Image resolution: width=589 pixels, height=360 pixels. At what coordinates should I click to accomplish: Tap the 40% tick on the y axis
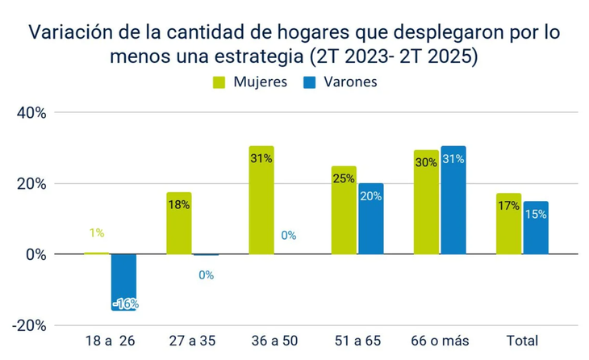31,112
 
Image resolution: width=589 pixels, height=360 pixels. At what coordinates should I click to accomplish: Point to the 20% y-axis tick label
31,183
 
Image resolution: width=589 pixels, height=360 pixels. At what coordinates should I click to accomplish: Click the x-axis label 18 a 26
111,341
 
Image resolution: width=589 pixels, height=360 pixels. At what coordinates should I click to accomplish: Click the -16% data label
125,303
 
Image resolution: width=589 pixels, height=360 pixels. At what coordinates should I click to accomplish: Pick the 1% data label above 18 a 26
97,233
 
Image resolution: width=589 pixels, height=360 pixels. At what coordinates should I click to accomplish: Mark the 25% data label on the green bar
344,178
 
